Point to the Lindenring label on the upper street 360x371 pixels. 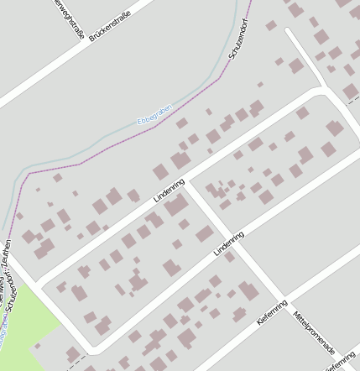tap(169, 191)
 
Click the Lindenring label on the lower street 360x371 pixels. tap(228, 244)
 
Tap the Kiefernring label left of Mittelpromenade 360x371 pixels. tap(273, 312)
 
